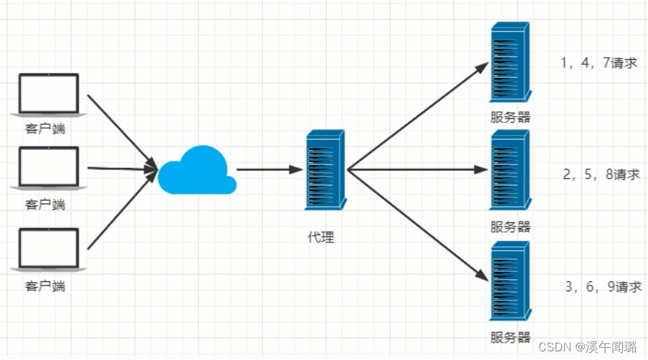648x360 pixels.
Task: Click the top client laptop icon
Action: click(48, 95)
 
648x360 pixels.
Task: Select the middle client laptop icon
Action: click(48, 168)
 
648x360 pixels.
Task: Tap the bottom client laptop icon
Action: click(46, 250)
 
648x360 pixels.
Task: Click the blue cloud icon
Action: click(196, 170)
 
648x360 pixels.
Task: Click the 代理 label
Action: click(320, 237)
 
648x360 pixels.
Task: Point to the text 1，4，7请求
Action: click(599, 63)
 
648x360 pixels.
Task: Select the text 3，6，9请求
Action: click(604, 286)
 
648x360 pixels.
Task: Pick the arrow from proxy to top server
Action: click(419, 115)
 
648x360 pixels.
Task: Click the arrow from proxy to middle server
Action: click(419, 170)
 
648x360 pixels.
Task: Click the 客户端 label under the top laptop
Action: click(45, 129)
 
